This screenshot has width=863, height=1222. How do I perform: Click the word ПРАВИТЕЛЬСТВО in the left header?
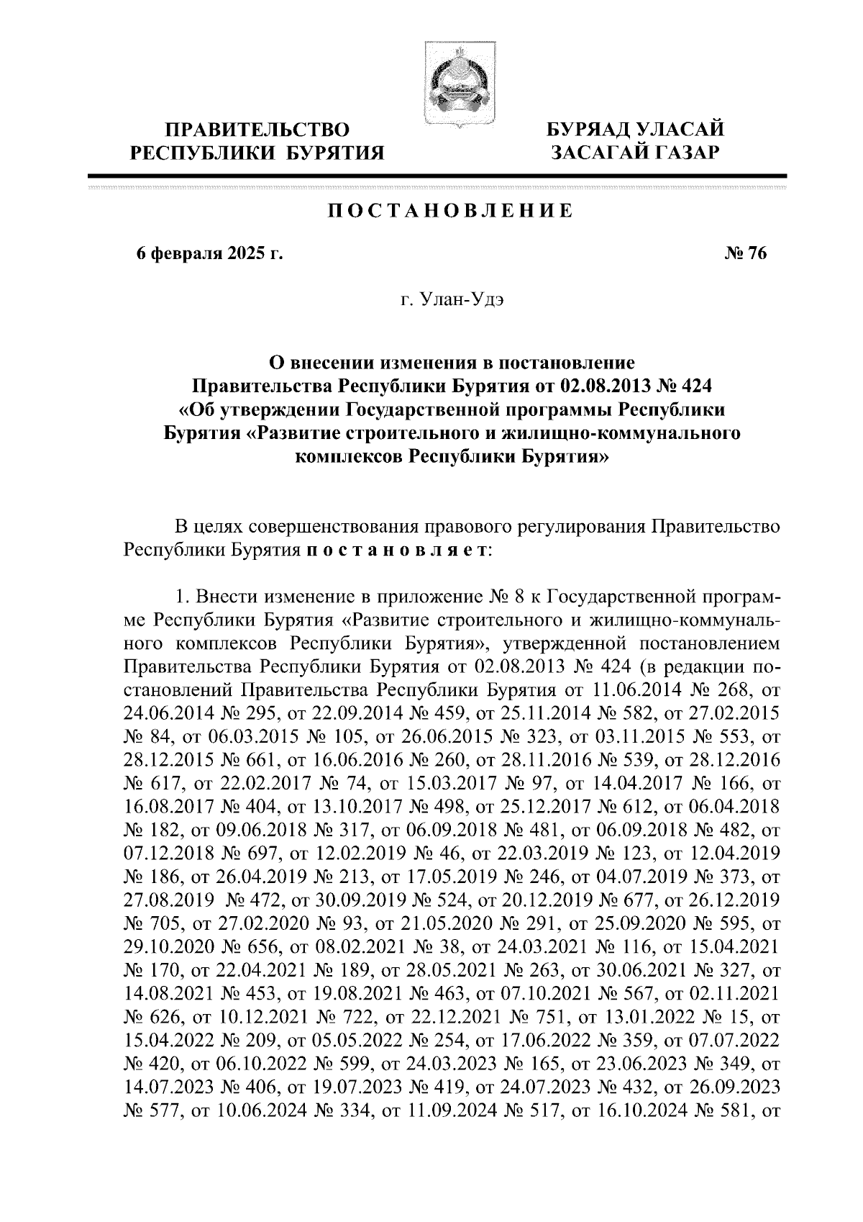pos(258,130)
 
